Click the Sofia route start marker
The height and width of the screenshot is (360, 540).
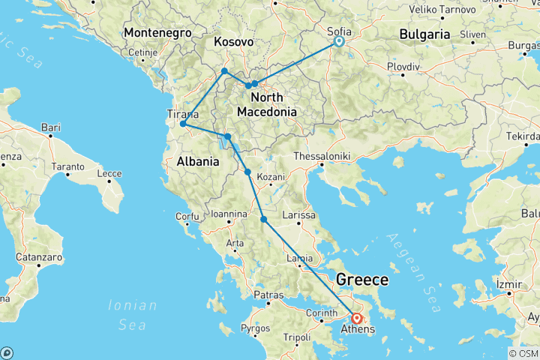[x=338, y=42]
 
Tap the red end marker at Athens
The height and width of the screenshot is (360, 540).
[x=357, y=317]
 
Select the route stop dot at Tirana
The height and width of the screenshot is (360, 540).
[x=183, y=124]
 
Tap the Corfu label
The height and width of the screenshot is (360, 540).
[x=187, y=217]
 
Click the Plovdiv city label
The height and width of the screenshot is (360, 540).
[x=404, y=67]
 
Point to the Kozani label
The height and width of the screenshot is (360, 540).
[x=271, y=178]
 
